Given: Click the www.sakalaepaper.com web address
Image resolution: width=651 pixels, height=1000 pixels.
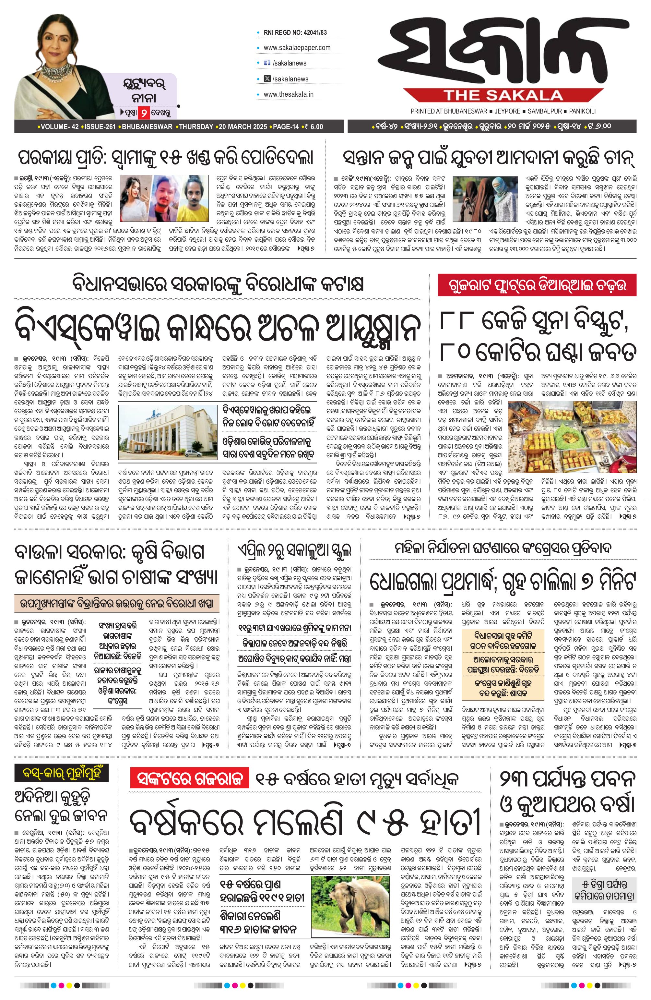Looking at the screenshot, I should click(297, 47).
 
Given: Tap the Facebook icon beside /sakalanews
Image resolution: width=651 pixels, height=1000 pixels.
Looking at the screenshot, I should click(266, 63).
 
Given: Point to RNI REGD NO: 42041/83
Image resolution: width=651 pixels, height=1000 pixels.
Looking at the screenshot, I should click(295, 32).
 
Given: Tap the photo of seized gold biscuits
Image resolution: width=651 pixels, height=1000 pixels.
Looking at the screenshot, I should click(572, 437).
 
